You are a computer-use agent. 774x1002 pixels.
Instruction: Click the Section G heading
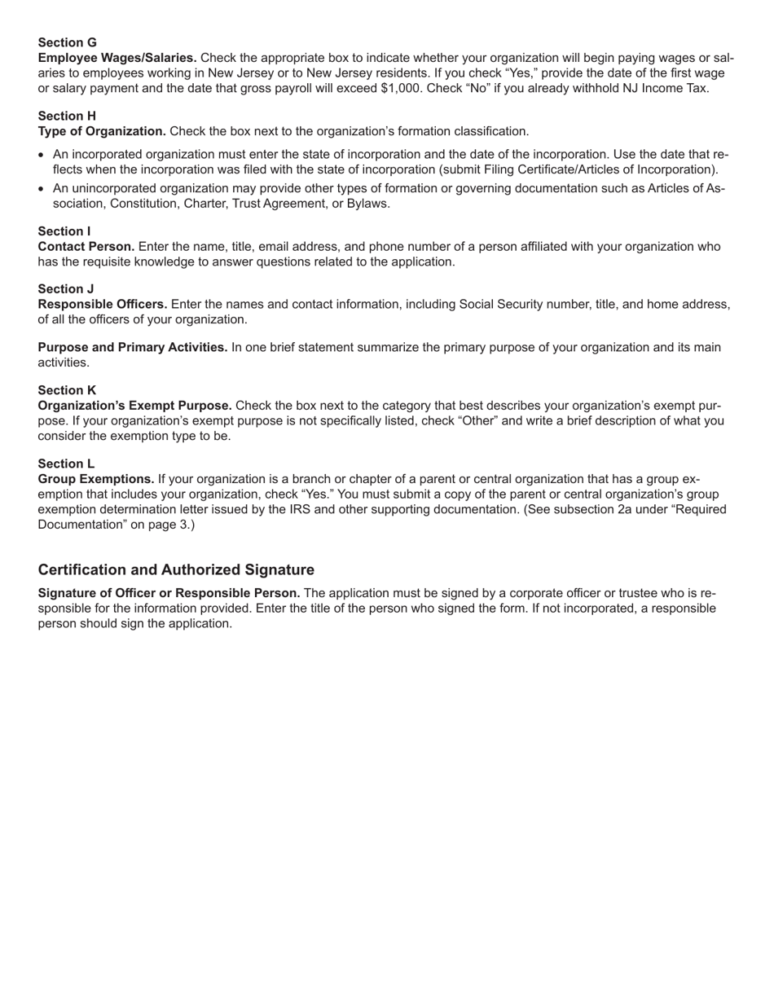click(x=67, y=42)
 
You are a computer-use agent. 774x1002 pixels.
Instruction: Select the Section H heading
click(x=67, y=116)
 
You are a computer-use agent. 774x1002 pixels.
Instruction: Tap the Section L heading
click(x=66, y=464)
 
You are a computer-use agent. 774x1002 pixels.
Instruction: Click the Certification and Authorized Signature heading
click(x=176, y=569)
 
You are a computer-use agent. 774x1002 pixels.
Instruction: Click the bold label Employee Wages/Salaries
click(x=117, y=58)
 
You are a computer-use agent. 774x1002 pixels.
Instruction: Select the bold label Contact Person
click(x=86, y=246)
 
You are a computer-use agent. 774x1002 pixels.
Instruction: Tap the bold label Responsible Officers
click(x=103, y=304)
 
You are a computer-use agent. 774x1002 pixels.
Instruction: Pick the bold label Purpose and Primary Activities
click(x=133, y=347)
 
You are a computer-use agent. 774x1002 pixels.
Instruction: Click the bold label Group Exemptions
click(x=96, y=479)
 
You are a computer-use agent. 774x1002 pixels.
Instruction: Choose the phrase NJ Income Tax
click(x=663, y=88)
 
